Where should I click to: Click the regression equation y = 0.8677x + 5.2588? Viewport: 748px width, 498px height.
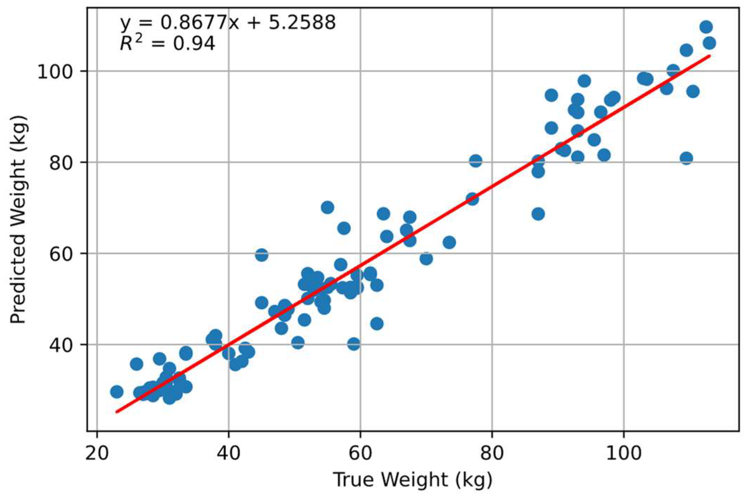pos(228,23)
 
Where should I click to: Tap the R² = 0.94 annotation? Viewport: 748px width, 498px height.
pos(167,44)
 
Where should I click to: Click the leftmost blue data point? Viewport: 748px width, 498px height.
pos(116,392)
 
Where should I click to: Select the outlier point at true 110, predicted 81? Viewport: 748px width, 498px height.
pos(686,158)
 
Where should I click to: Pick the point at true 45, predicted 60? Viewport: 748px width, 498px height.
pos(261,255)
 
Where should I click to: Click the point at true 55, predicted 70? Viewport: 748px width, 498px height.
pos(328,207)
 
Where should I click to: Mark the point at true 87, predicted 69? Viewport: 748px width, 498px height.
pos(538,214)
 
